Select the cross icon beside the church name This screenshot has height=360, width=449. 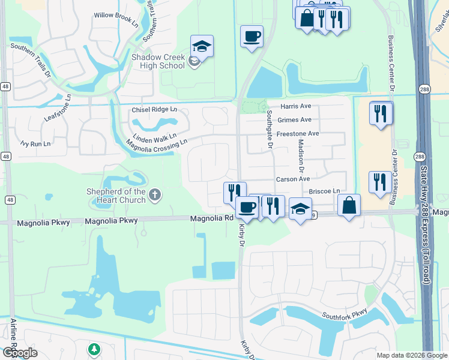click(x=155, y=194)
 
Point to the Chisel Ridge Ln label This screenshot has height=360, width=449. click(x=154, y=110)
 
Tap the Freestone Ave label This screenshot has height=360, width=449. click(x=298, y=133)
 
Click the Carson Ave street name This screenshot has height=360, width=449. click(x=292, y=179)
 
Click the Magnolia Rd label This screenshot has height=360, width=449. click(x=211, y=219)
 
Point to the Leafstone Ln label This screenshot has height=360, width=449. click(x=58, y=108)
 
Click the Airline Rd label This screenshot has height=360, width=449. click(x=13, y=336)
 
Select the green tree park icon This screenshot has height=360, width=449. click(x=94, y=349)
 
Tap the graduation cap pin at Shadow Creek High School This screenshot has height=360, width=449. click(x=202, y=46)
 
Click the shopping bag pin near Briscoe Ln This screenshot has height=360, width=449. click(x=349, y=205)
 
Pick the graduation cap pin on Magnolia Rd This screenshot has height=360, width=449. click(x=300, y=209)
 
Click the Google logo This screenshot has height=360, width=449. click(x=19, y=352)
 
